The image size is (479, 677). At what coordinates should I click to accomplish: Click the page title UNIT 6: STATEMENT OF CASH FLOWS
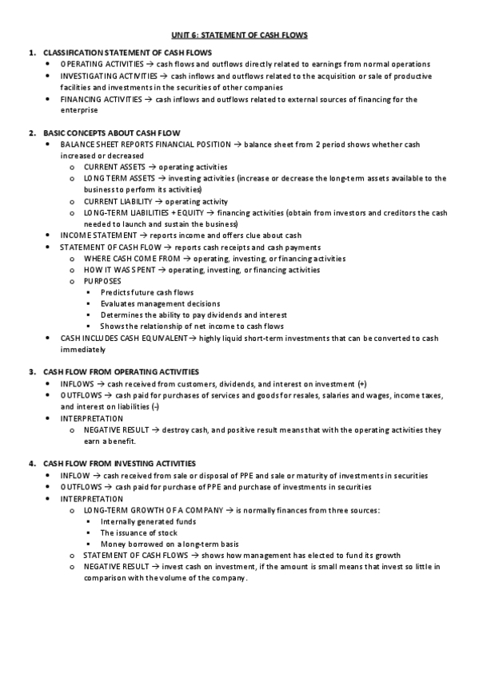pyautogui.click(x=239, y=35)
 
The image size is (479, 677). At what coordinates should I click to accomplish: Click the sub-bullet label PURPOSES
pyautogui.click(x=103, y=282)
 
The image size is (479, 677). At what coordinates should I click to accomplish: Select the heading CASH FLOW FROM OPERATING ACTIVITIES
pyautogui.click(x=121, y=372)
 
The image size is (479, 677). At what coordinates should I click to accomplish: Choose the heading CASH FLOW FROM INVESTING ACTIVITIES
pyautogui.click(x=118, y=464)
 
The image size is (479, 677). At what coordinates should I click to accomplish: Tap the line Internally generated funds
pyautogui.click(x=148, y=521)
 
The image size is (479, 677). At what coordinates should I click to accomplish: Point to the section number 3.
pyautogui.click(x=31, y=372)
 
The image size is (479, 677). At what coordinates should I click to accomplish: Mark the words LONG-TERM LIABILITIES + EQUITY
pyautogui.click(x=144, y=213)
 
